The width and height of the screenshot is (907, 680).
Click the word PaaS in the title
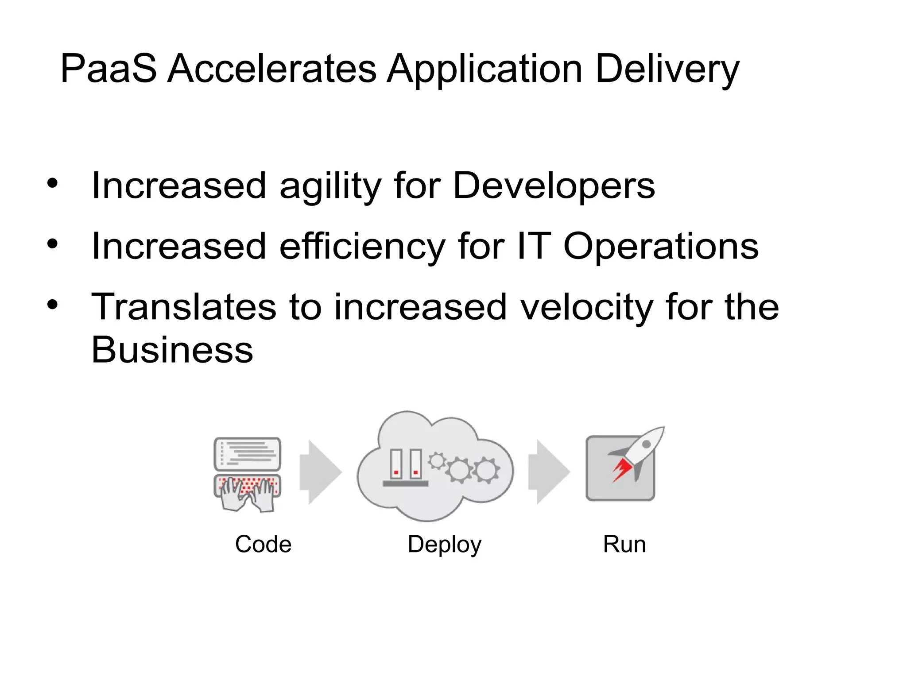[x=109, y=69]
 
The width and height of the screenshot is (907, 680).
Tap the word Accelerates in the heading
[x=272, y=69]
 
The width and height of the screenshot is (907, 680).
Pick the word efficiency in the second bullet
[x=362, y=247]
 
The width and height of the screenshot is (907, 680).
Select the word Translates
[x=184, y=307]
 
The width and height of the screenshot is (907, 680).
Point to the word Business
[x=172, y=350]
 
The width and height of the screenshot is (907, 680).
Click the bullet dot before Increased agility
[x=53, y=183]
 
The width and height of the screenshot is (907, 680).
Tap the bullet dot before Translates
[x=53, y=305]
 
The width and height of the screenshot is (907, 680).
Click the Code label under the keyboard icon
[x=263, y=544]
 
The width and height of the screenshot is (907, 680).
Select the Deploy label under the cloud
[x=444, y=545]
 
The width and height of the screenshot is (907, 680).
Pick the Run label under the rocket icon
[x=624, y=544]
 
